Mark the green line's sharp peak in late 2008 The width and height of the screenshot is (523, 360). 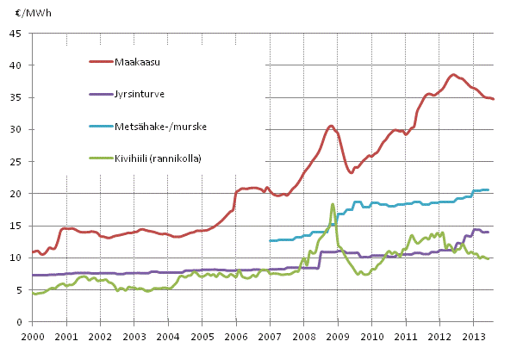tap(333, 204)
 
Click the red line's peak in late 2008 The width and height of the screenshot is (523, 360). tap(331, 126)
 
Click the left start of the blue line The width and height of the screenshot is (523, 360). tap(271, 240)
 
